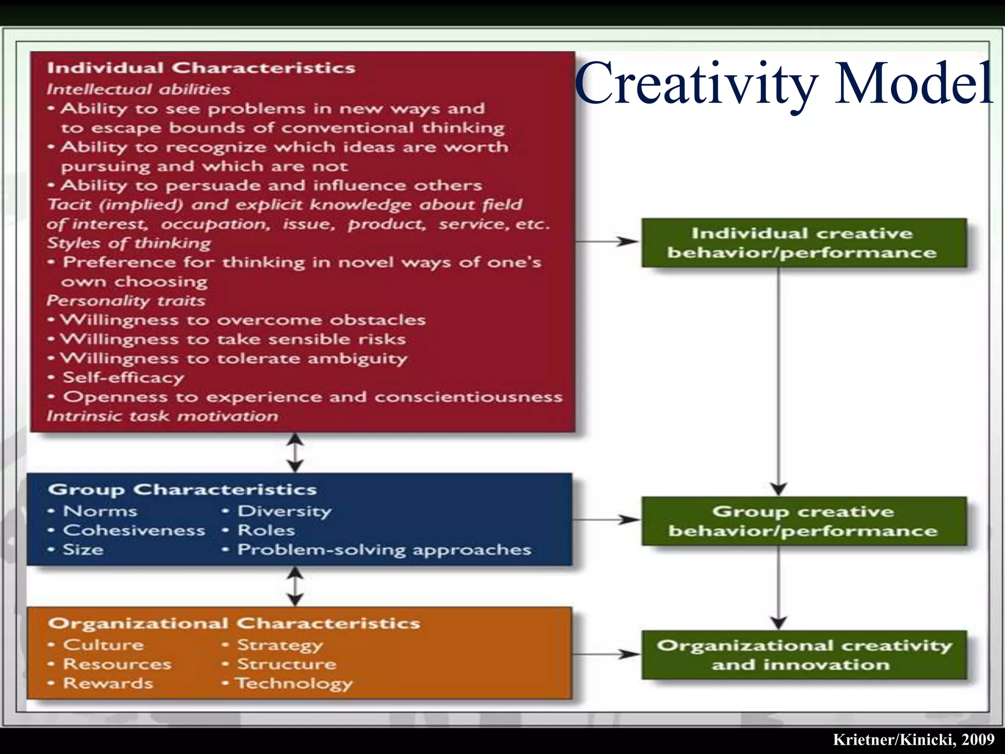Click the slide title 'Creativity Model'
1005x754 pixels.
[784, 83]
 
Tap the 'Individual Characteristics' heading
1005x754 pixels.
[201, 68]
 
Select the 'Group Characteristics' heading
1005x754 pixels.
[183, 489]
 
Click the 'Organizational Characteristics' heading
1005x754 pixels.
[234, 623]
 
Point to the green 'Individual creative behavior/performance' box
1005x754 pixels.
[803, 243]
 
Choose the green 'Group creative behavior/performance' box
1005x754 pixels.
[803, 521]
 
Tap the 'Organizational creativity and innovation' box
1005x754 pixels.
[803, 655]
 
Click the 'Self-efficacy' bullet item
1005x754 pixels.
[123, 377]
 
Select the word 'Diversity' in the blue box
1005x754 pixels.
[285, 511]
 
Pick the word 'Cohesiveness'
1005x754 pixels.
[134, 531]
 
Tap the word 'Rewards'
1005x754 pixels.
[108, 683]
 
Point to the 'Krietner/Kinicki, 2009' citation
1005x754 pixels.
[913, 739]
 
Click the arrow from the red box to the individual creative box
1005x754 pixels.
[608, 242]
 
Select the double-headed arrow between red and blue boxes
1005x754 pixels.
[294, 453]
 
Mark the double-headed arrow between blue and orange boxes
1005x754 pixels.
[294, 587]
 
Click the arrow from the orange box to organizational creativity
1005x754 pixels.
[607, 654]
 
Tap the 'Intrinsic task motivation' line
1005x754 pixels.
[162, 416]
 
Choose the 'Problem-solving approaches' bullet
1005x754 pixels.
[384, 550]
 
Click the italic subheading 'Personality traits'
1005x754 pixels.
[126, 300]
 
